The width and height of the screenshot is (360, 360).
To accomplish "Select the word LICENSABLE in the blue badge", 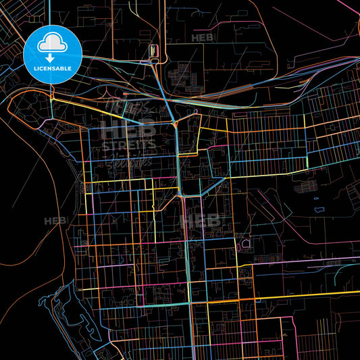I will click(52, 68).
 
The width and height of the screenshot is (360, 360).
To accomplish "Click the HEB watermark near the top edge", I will click(205, 38).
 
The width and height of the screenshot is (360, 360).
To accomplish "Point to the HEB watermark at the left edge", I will click(54, 220).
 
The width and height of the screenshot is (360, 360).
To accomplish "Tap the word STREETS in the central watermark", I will click(128, 145).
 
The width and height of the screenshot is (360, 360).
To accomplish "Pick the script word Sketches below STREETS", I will click(128, 160).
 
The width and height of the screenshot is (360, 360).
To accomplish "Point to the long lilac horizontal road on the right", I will click(311, 259).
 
